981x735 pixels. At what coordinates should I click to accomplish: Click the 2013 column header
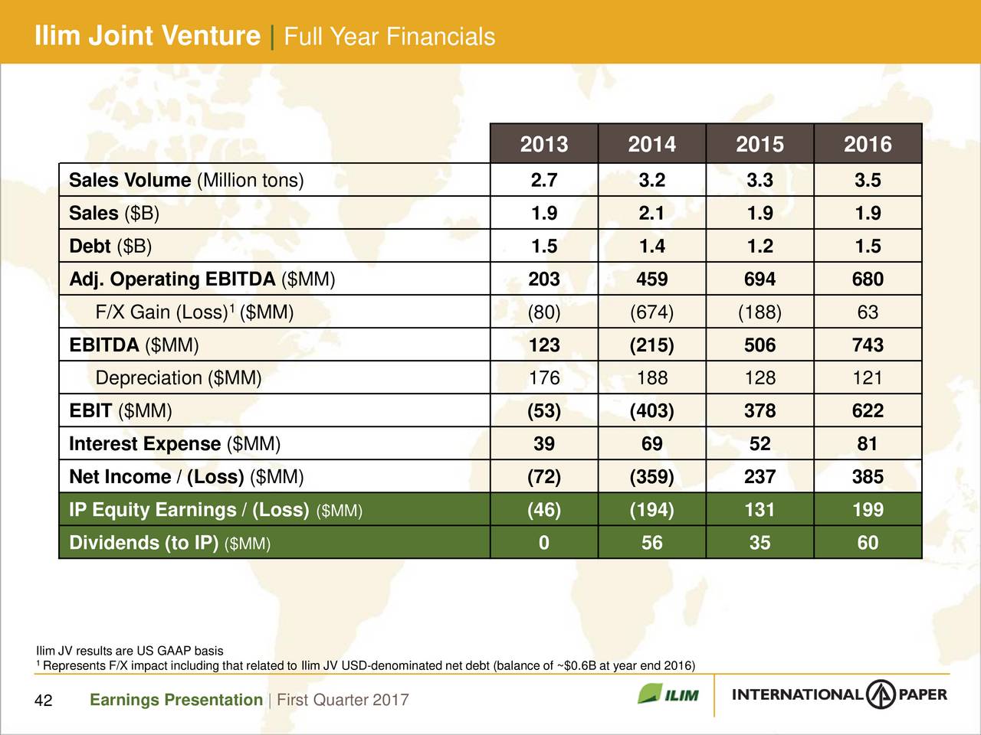[544, 144]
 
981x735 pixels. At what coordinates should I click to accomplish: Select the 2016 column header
[868, 144]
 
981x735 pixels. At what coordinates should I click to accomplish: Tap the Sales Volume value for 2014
[651, 181]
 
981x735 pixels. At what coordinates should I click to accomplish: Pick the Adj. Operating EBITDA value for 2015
[760, 279]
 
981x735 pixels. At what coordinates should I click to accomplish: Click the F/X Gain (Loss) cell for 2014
[651, 312]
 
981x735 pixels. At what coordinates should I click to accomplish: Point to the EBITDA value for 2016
[868, 345]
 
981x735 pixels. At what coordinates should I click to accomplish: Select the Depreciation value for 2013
[544, 378]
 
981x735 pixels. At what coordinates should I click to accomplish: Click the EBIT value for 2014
[651, 411]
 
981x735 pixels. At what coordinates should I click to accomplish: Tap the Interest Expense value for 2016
[868, 444]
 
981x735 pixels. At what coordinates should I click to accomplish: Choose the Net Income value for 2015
[760, 477]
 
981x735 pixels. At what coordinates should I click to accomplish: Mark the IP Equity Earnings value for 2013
[544, 510]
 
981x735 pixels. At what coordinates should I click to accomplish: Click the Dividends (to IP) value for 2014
[651, 543]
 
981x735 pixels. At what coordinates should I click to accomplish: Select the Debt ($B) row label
[110, 247]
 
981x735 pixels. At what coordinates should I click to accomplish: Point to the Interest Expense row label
[175, 444]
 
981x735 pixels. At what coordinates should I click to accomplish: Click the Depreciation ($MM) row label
[179, 378]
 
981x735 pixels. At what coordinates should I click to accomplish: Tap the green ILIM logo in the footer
[668, 695]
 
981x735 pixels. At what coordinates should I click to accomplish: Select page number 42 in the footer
[44, 701]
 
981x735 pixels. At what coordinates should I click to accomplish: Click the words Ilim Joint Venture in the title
[148, 36]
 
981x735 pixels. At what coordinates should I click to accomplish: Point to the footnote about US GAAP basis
[130, 651]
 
